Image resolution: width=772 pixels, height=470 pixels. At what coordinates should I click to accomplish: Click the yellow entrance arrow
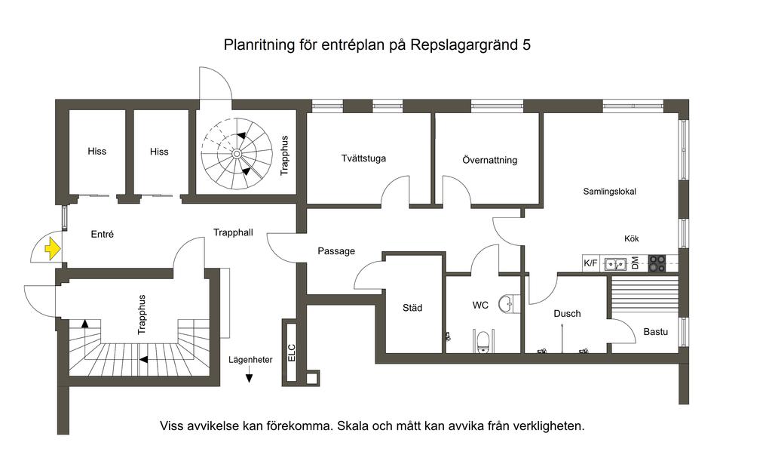(x=52, y=248)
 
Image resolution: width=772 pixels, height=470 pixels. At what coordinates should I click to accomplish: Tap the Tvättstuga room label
(x=363, y=158)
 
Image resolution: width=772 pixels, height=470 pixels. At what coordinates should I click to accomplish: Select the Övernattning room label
(x=489, y=160)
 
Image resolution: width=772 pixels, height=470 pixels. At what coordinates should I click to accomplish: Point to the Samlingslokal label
(x=609, y=192)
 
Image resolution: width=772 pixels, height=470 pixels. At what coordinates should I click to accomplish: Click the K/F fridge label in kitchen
(x=591, y=263)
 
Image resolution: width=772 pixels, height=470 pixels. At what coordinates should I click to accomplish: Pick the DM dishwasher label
(x=635, y=263)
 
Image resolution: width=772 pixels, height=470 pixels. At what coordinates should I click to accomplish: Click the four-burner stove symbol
(x=657, y=263)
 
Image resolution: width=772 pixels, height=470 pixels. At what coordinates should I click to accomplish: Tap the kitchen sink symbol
(x=616, y=263)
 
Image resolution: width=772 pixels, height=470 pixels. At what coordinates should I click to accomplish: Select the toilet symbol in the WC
(x=483, y=343)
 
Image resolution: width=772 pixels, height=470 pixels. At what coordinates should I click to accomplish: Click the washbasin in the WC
(x=511, y=303)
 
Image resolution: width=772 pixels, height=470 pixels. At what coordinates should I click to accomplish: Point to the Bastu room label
(x=655, y=331)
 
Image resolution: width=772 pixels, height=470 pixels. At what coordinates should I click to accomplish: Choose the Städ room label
(x=412, y=308)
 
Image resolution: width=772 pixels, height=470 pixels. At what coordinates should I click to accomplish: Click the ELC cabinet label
(x=292, y=352)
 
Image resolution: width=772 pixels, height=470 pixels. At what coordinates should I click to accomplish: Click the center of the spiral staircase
(x=237, y=153)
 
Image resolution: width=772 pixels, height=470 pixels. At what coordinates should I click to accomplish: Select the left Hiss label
(x=96, y=151)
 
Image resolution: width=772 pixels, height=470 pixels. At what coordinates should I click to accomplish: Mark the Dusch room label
(x=567, y=313)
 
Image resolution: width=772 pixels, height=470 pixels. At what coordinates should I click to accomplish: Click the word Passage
(x=335, y=251)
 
